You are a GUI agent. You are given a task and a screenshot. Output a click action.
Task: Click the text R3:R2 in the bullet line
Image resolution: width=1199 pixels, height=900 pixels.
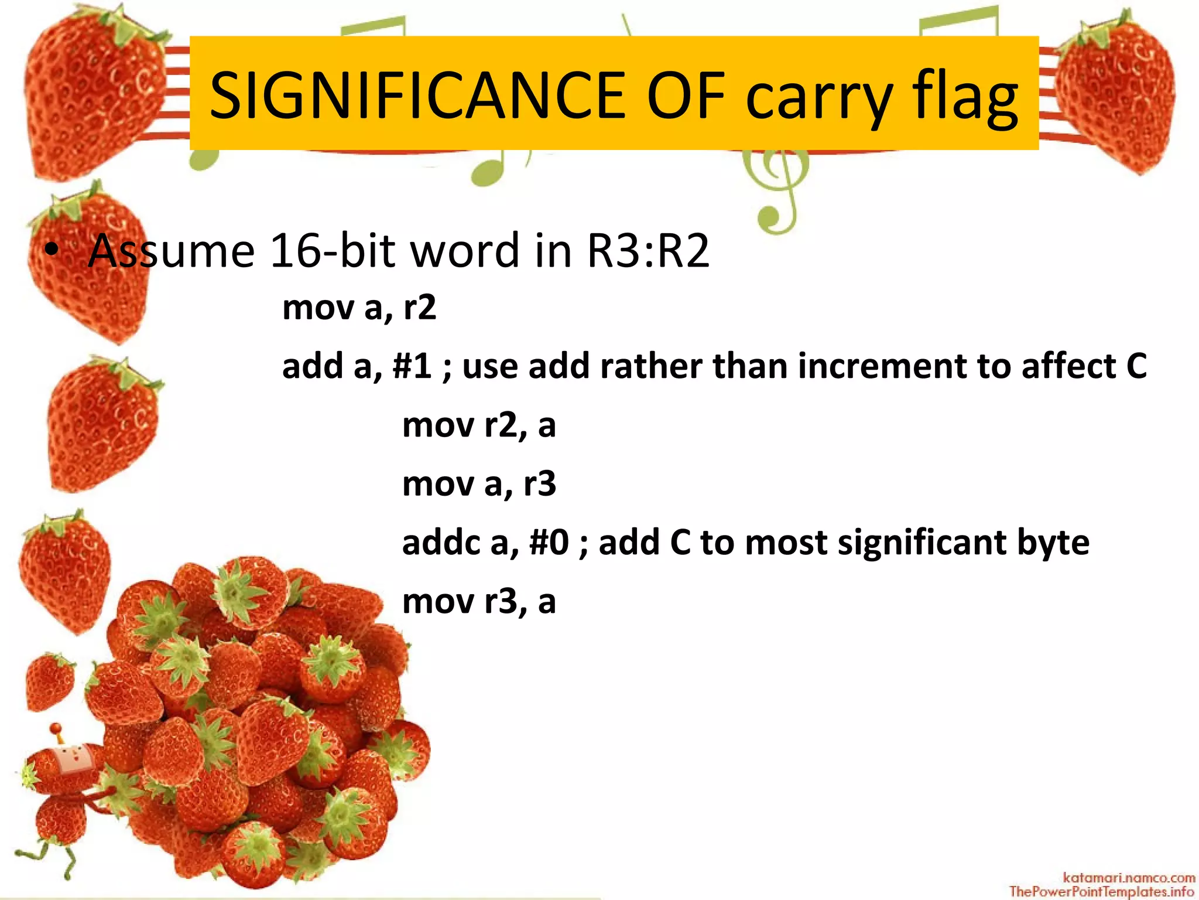pyautogui.click(x=648, y=251)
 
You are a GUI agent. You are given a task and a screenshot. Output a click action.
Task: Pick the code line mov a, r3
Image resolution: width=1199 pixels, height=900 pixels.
pyautogui.click(x=478, y=484)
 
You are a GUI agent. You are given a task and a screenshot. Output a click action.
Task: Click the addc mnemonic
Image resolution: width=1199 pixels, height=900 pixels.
pyautogui.click(x=441, y=543)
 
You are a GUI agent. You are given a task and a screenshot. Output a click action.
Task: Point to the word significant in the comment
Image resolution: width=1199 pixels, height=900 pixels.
pyautogui.click(x=921, y=543)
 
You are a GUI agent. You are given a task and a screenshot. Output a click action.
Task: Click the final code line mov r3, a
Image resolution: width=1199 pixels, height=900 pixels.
pyautogui.click(x=478, y=602)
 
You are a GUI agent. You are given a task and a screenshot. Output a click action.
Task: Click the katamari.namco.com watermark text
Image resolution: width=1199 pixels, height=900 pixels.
pyautogui.click(x=1128, y=877)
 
